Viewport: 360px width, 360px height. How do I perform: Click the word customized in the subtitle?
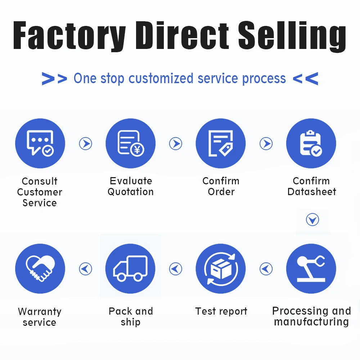tap(162, 78)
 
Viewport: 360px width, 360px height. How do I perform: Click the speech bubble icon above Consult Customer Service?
tap(40, 143)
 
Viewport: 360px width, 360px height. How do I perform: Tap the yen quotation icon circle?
tap(130, 143)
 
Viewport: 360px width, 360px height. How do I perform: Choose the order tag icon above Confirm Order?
tap(221, 143)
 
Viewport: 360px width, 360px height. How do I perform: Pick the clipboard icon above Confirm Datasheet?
tap(311, 143)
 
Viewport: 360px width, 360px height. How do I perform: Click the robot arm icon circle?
tap(311, 269)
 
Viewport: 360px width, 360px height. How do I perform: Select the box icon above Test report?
tap(221, 269)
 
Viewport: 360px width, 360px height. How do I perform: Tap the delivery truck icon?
tap(130, 269)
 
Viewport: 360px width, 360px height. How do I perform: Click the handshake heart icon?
tap(40, 269)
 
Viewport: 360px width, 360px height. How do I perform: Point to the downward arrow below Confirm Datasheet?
tap(312, 220)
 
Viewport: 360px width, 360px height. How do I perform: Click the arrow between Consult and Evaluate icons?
tap(86, 144)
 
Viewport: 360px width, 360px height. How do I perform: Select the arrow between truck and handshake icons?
tap(86, 269)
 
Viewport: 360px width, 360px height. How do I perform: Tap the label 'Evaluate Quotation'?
tap(131, 186)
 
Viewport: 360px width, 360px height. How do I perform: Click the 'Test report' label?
tap(221, 311)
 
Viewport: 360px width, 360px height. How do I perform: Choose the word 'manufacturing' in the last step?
tap(311, 321)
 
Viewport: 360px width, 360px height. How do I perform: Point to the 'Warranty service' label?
tap(40, 316)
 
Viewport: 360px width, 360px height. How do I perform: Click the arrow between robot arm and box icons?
tap(266, 269)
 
